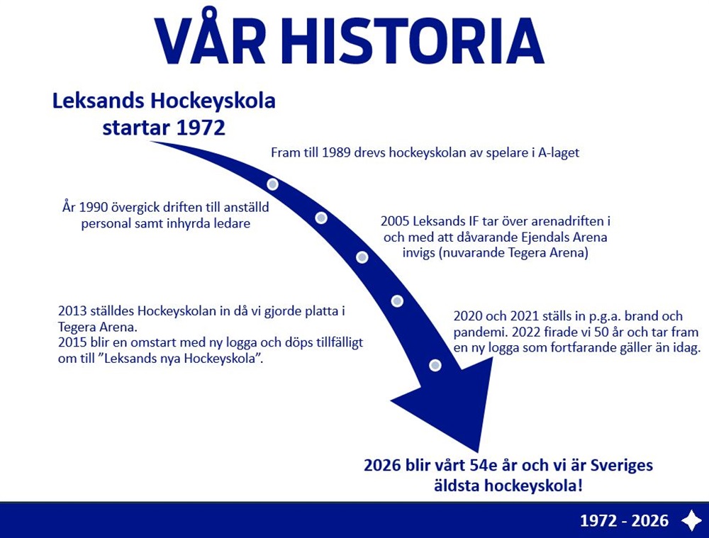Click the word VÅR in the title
pos(210,36)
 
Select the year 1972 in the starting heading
pos(201,128)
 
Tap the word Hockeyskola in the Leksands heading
pos(213,101)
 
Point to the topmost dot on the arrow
pos(272,184)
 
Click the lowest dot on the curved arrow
pos(435,365)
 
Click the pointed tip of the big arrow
pos(477,452)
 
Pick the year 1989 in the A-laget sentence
pos(336,153)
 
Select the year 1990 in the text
pos(93,208)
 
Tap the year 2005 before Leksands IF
pos(396,222)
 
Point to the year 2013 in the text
pos(73,311)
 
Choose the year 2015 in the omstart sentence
pos(73,342)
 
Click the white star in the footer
pos(691,520)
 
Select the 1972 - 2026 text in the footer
pos(624,521)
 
